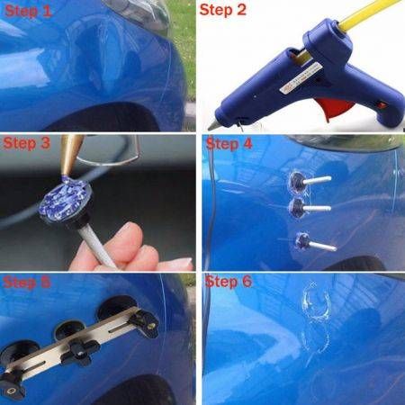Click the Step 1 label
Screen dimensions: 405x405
tap(29, 11)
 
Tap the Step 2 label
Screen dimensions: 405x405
tap(223, 10)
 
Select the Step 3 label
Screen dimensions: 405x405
tap(26, 143)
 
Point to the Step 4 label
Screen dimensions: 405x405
tap(229, 143)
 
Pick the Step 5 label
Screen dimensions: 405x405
tap(26, 283)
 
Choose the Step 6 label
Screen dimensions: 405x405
tap(228, 282)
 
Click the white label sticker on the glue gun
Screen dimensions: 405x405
tap(299, 77)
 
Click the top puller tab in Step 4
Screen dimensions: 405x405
tap(310, 181)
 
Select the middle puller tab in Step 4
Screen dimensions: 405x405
tap(310, 208)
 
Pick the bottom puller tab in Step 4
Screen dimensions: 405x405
tap(315, 242)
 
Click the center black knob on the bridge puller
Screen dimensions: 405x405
tap(79, 352)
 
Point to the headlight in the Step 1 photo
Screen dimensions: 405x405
tap(137, 13)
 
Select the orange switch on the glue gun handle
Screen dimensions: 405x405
tap(382, 105)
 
